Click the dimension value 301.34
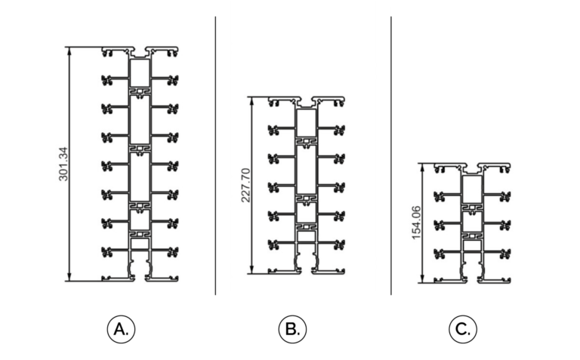(x=63, y=164)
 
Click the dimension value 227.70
(x=246, y=185)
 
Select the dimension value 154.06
(x=417, y=223)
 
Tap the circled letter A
(x=121, y=329)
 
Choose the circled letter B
(x=292, y=329)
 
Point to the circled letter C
(x=463, y=329)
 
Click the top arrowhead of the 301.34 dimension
(x=69, y=51)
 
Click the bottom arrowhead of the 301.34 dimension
(x=69, y=277)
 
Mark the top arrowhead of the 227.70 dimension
(x=251, y=101)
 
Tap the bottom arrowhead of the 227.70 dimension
(x=251, y=270)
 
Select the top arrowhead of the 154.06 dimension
(x=422, y=168)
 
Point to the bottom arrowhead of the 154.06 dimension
(x=422, y=279)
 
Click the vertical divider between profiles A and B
(x=215, y=155)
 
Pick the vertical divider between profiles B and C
(x=391, y=155)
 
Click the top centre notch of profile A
(x=140, y=54)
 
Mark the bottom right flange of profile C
(x=494, y=281)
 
